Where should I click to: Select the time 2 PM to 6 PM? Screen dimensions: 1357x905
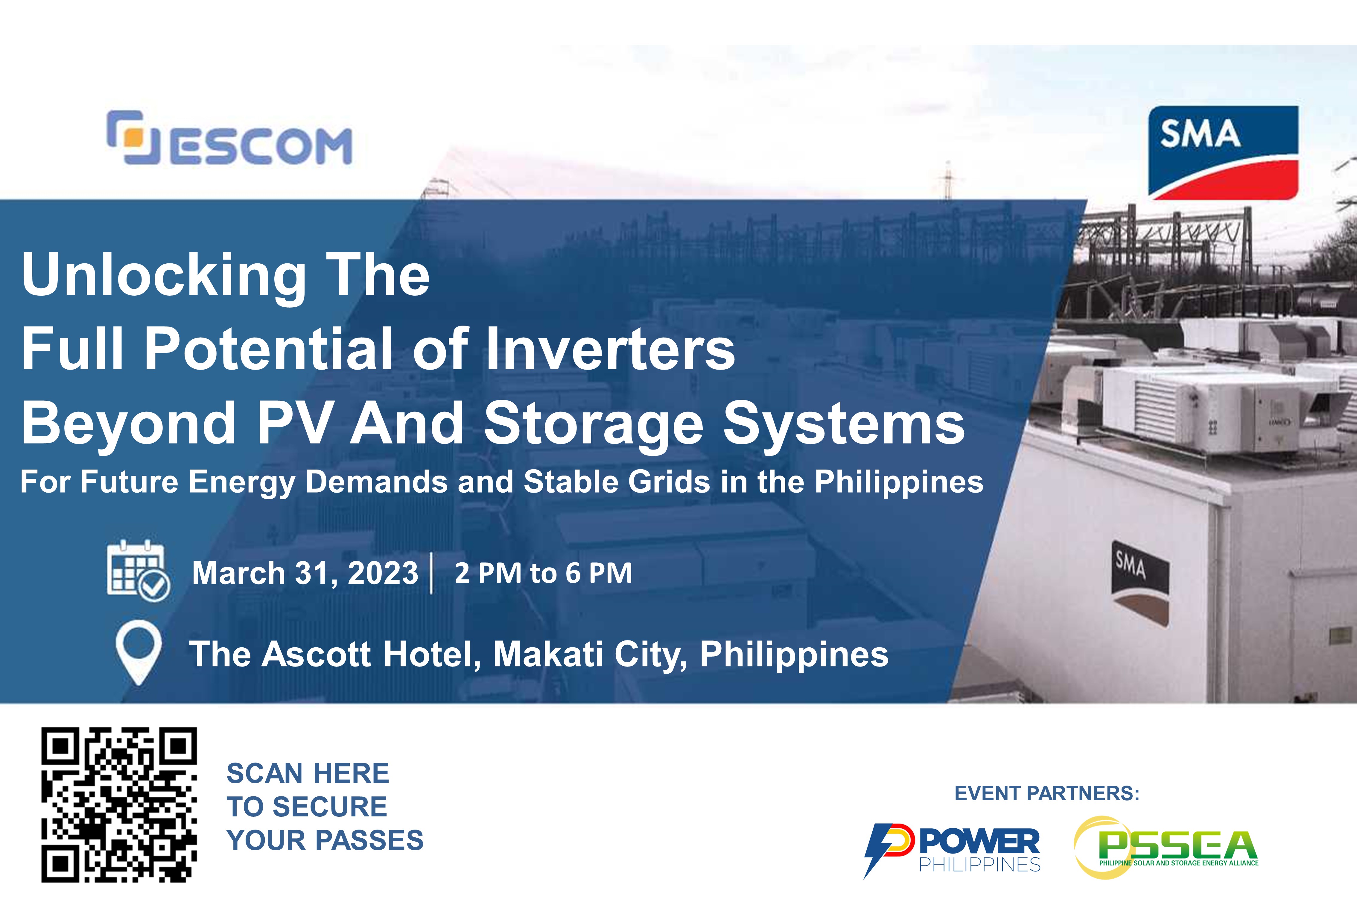point(544,573)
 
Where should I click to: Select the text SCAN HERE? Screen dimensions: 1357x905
point(308,773)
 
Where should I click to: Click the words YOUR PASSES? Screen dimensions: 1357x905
point(325,840)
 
